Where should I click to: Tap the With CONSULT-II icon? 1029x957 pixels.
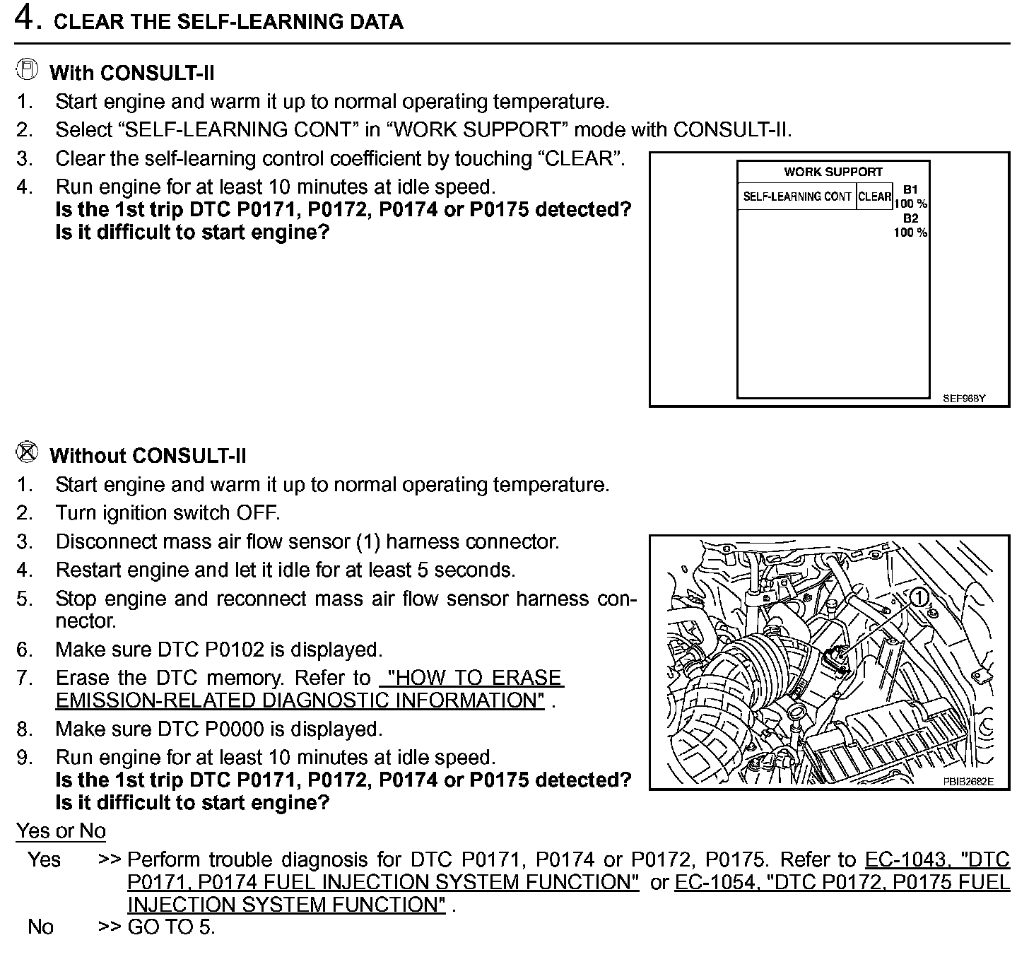click(26, 70)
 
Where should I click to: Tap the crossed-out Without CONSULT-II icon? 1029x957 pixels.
click(26, 453)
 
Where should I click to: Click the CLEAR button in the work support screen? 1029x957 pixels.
click(875, 196)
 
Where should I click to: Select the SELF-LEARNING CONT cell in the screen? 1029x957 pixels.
click(796, 196)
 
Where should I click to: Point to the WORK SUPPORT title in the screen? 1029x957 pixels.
click(833, 172)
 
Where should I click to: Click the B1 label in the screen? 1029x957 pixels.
click(910, 189)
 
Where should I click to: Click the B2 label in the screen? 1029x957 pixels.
click(910, 218)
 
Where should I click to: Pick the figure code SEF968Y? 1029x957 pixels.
click(963, 399)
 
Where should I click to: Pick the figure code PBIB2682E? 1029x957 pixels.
click(968, 781)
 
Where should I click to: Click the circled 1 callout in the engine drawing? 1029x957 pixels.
click(919, 597)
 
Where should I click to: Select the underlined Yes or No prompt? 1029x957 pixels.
click(61, 831)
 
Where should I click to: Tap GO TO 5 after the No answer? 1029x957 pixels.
click(171, 927)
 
